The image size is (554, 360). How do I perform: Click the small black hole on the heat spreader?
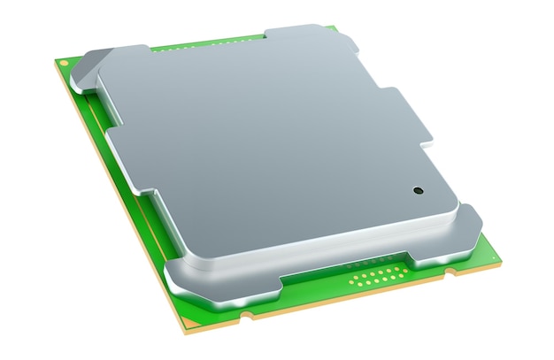pos(417,189)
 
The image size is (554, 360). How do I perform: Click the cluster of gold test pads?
pos(373,279)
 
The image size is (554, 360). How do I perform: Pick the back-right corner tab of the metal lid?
pos(296,35)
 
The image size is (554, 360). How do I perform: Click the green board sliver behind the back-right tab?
pos(332,29)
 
